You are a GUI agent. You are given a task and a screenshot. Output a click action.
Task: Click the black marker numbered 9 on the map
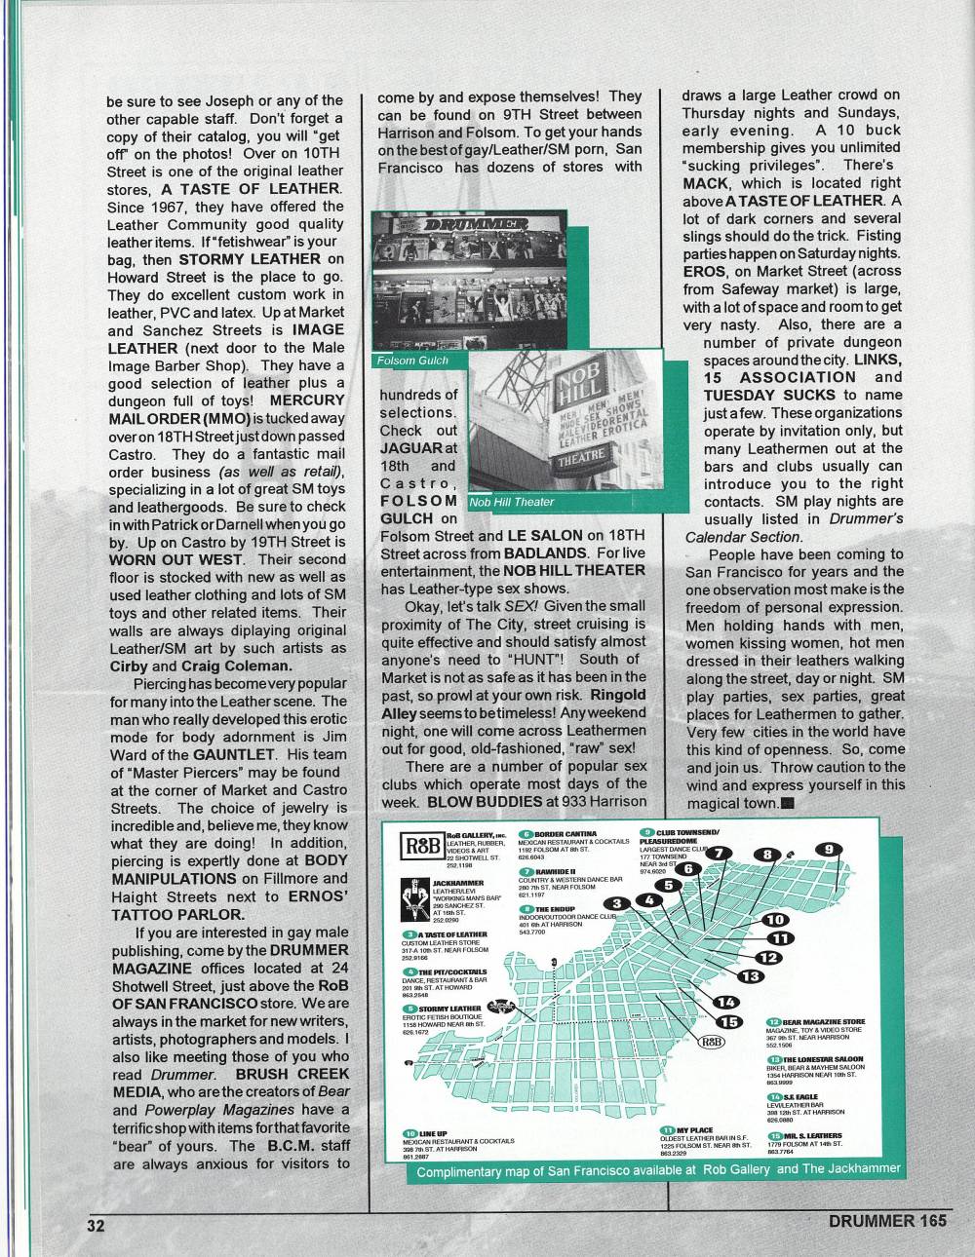click(828, 849)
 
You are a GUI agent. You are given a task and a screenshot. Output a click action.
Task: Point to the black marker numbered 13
click(750, 975)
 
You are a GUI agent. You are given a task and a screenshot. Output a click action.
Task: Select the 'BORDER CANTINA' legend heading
click(562, 835)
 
